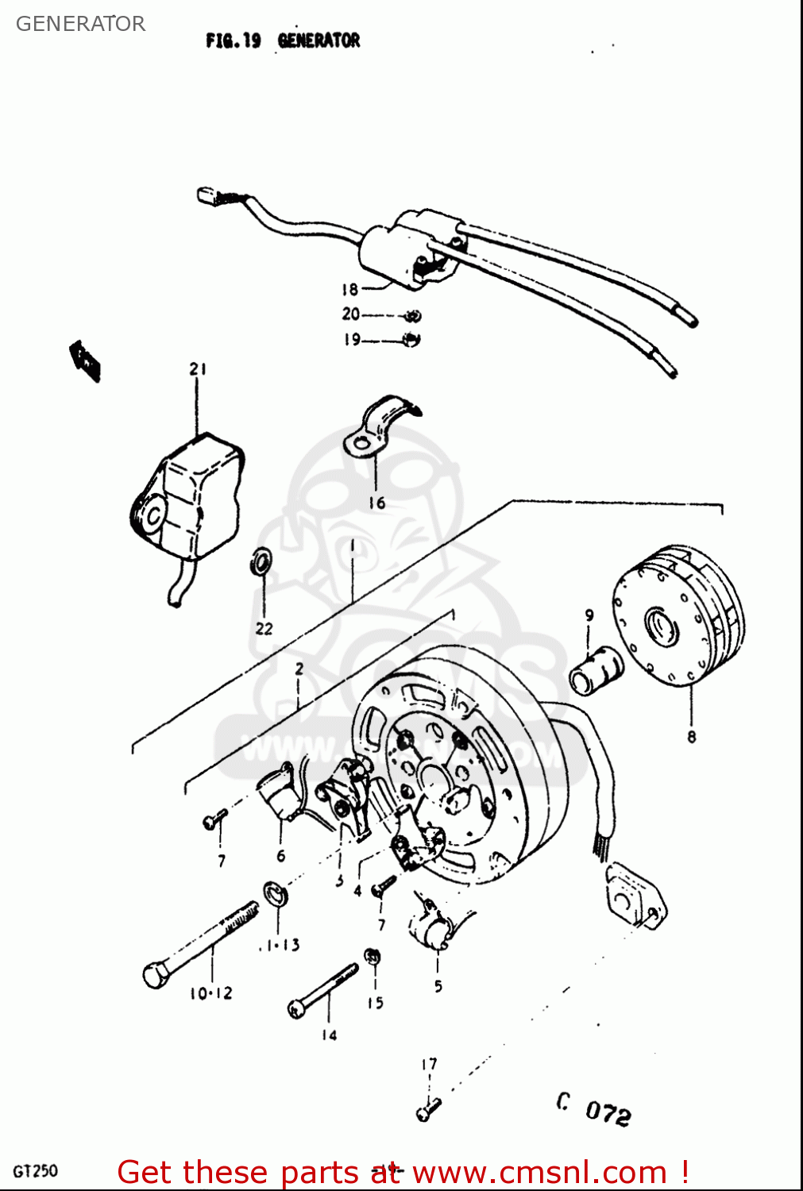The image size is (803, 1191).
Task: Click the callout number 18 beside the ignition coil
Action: [349, 290]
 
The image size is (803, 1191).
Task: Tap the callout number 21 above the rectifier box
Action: [198, 368]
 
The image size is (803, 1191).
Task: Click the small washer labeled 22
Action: [261, 561]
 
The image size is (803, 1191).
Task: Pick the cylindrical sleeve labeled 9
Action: [596, 671]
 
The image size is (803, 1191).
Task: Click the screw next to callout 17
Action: [427, 1108]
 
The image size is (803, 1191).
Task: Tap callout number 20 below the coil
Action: [350, 314]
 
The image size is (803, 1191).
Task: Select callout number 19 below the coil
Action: [351, 340]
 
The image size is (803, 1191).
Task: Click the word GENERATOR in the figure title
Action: [318, 40]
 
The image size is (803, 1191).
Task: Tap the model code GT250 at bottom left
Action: [35, 1171]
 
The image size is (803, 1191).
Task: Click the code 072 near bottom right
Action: [608, 1112]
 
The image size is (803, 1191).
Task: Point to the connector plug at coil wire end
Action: [207, 195]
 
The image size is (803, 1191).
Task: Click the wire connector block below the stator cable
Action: [634, 896]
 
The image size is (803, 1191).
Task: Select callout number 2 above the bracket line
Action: [299, 669]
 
